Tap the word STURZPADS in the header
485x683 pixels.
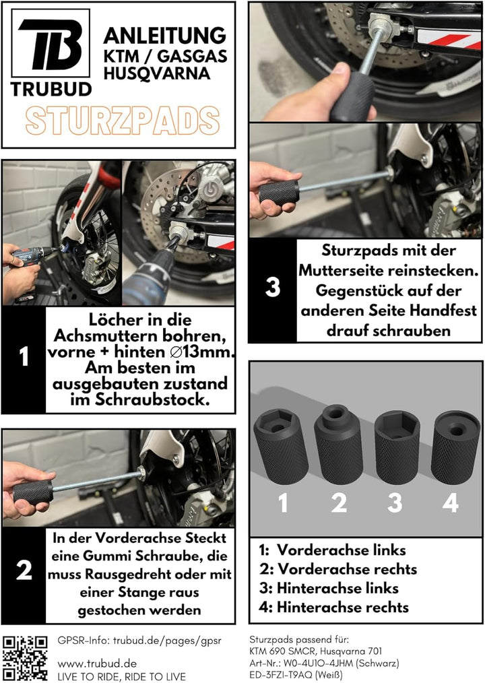(122, 121)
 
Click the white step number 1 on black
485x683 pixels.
(24, 358)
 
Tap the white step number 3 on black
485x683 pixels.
(272, 288)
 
